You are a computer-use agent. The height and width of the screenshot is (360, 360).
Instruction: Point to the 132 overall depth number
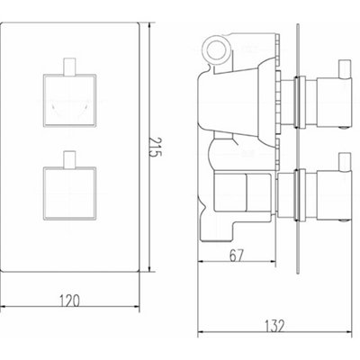(271, 334)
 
